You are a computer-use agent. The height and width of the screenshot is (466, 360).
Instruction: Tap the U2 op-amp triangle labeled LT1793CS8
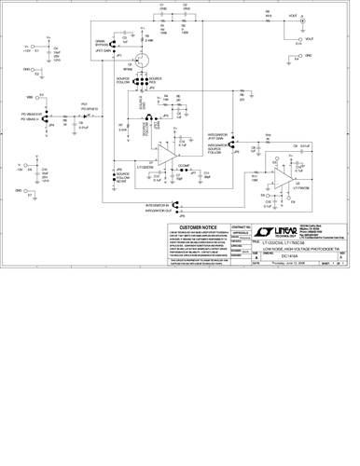tap(300, 176)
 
